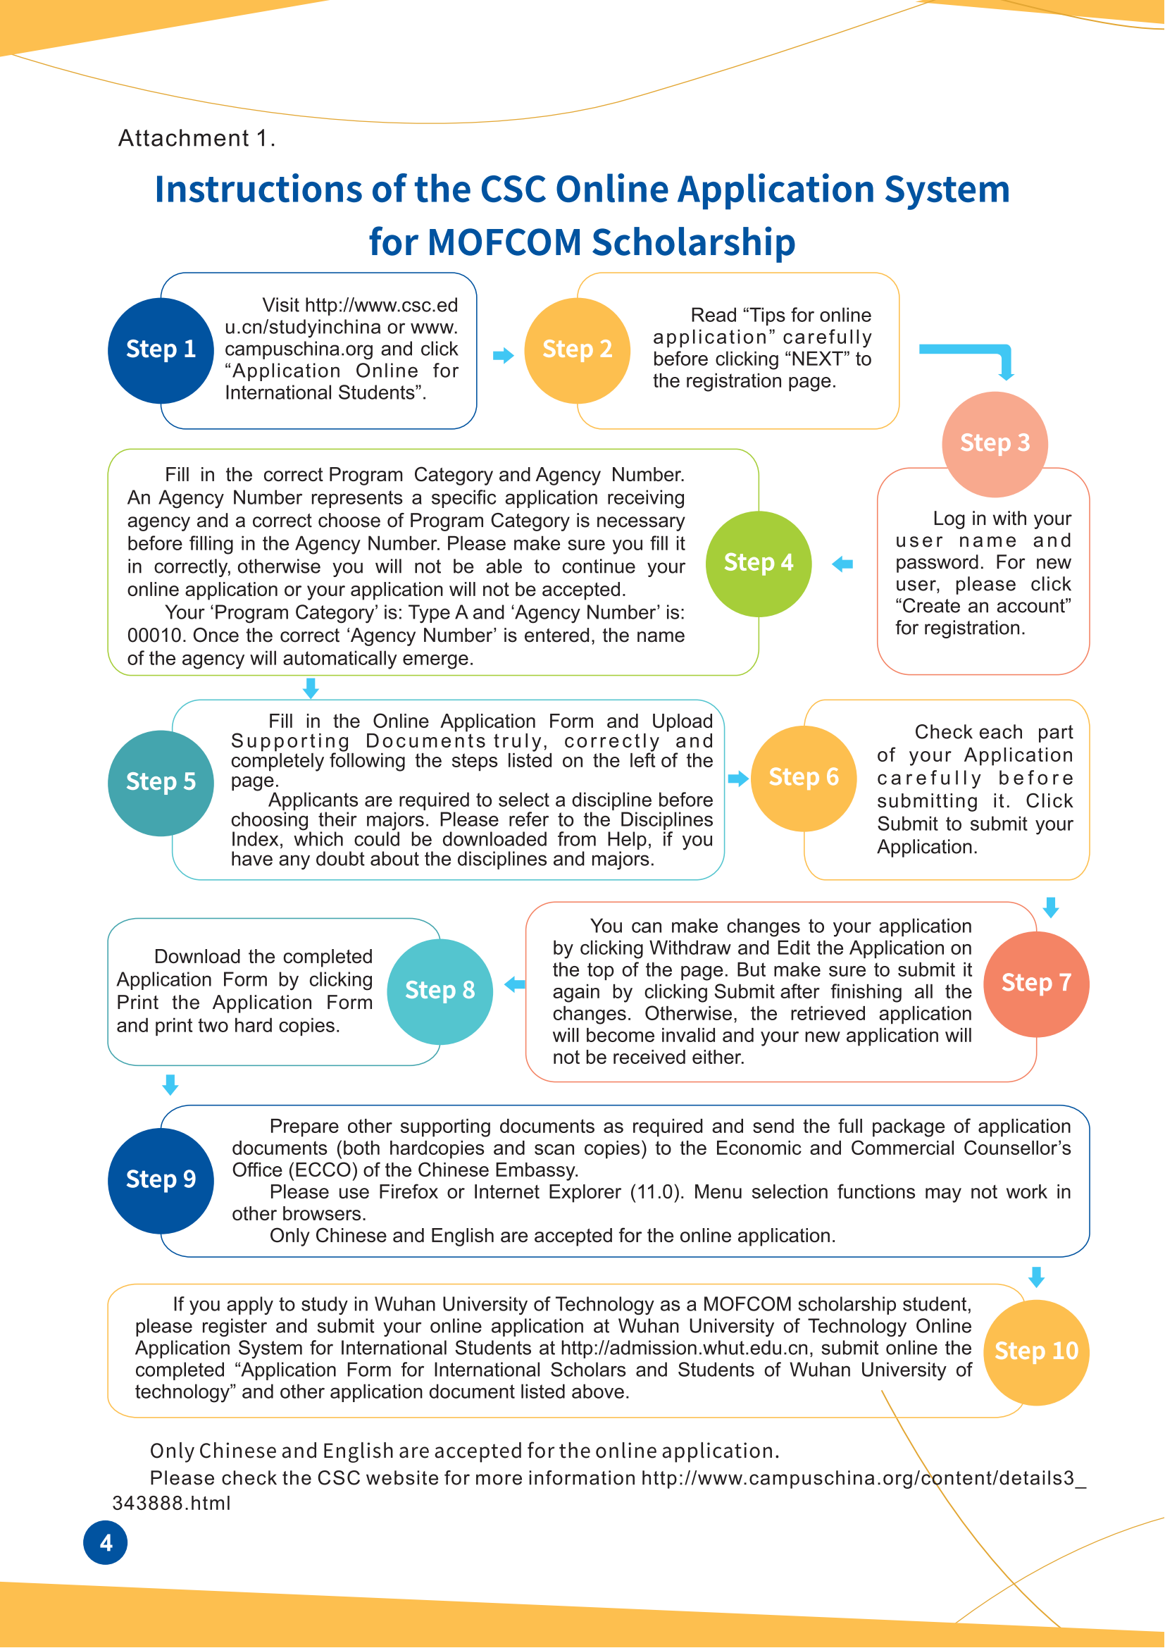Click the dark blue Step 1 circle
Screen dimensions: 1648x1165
pos(161,350)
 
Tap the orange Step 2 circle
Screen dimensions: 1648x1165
pos(578,350)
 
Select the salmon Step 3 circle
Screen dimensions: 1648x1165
pos(995,444)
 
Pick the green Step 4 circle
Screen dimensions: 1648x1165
pos(759,564)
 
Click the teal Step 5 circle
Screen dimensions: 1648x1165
pos(161,782)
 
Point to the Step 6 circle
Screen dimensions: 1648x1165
pos(804,778)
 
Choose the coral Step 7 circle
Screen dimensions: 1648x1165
pos(1037,984)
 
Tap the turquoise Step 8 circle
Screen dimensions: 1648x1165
pos(440,991)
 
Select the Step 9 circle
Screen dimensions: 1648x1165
pos(161,1180)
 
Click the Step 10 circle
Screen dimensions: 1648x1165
pos(1037,1351)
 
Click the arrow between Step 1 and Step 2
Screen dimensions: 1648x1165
pos(504,355)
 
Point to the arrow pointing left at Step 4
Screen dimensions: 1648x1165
pos(842,564)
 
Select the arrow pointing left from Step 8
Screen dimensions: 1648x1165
pos(514,985)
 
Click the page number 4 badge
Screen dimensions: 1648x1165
pos(106,1542)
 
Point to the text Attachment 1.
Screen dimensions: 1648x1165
pos(196,138)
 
